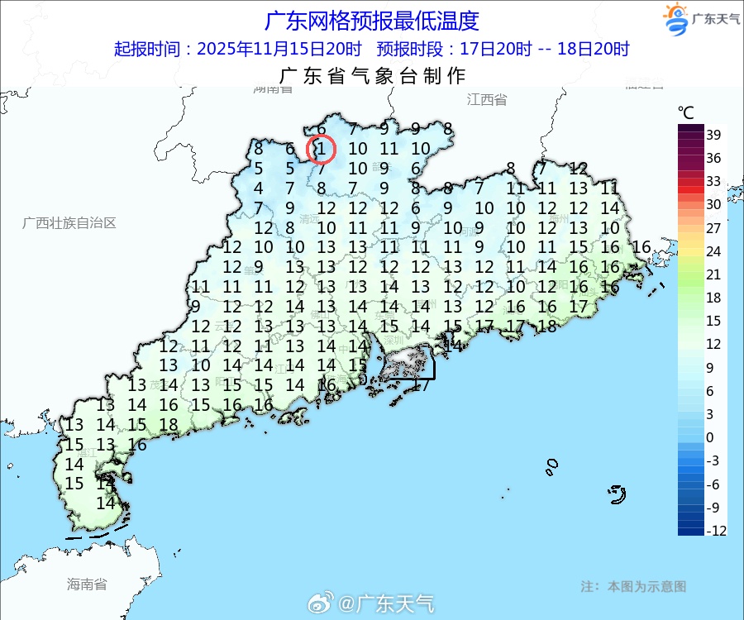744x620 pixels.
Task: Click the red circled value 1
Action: (x=321, y=150)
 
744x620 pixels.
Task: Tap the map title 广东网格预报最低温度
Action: (x=371, y=20)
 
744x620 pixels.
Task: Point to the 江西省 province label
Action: (x=486, y=100)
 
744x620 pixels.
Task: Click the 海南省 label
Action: (x=87, y=584)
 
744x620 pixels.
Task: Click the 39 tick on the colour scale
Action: (x=714, y=135)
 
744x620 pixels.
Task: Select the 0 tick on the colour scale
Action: (x=711, y=436)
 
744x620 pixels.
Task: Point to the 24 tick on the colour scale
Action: (x=713, y=250)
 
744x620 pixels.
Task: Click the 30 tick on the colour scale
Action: (x=713, y=204)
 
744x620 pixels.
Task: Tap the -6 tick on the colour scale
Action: (x=715, y=484)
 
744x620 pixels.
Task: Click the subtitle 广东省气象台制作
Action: (x=373, y=76)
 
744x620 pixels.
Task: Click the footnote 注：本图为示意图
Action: (x=633, y=586)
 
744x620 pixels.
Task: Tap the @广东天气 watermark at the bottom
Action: (x=385, y=604)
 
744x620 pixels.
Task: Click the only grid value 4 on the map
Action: (x=258, y=188)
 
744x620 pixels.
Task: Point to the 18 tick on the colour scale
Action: (x=713, y=298)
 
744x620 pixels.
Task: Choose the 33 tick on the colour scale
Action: (x=713, y=181)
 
